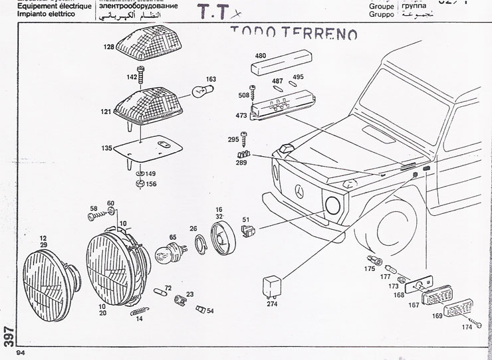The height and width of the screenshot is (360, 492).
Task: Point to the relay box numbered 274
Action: point(271,286)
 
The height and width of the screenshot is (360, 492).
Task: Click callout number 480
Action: point(261,56)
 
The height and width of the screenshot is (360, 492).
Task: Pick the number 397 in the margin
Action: point(9,335)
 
